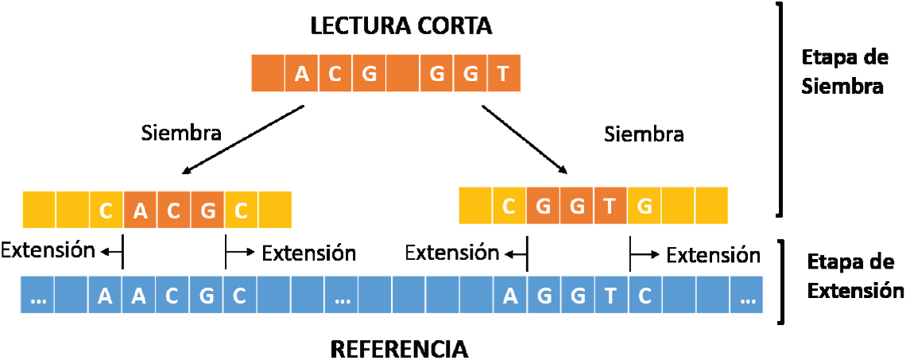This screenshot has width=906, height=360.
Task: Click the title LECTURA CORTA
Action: coord(401,26)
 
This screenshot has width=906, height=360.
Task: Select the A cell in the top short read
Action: coord(301,73)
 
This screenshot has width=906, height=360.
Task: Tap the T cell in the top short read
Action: coord(504,73)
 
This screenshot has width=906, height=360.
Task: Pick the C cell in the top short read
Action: coord(335,73)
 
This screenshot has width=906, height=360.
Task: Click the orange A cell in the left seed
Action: coord(139,210)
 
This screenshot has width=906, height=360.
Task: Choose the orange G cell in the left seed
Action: coord(207,210)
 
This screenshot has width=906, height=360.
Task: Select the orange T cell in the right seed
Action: coord(610,205)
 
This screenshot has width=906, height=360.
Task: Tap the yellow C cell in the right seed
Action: coord(509,205)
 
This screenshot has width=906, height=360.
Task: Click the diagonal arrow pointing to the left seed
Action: coord(243,139)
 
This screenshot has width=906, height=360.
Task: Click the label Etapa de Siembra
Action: coord(842,72)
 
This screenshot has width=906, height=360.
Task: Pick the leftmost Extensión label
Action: coord(48,250)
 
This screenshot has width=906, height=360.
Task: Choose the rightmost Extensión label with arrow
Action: coord(713,254)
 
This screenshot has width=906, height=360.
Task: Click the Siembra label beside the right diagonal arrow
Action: coord(644,134)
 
